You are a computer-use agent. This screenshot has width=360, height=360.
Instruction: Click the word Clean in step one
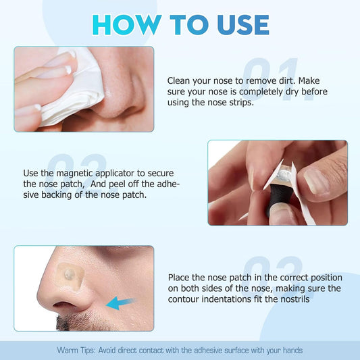point(180,80)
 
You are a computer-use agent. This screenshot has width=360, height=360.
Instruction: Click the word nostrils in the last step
point(293,300)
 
